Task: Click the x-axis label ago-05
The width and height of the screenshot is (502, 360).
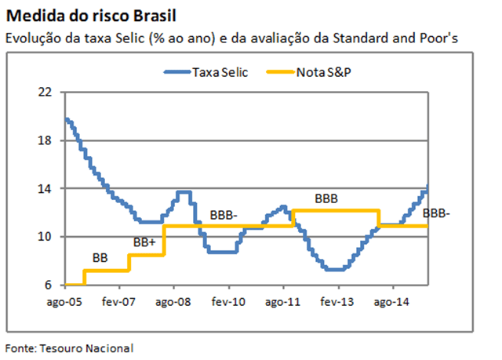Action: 62,301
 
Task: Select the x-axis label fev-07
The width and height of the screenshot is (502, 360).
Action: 118,301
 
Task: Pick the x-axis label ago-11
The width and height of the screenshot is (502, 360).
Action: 283,301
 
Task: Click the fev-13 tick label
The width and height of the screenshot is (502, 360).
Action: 339,301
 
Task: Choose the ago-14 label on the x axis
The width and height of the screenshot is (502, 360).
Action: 393,301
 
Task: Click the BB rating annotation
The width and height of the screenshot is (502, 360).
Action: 100,257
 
